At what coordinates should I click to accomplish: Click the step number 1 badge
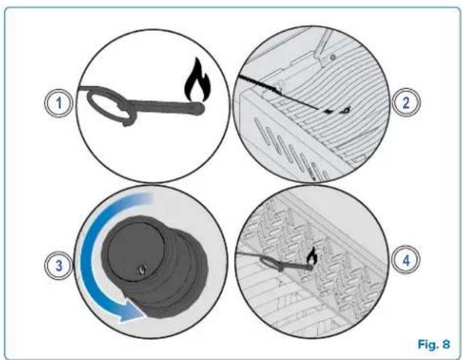58,103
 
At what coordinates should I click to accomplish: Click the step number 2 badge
406,103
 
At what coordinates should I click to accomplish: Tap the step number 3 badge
58,265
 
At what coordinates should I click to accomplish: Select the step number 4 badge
406,261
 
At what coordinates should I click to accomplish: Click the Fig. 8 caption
434,344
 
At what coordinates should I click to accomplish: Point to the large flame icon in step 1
197,80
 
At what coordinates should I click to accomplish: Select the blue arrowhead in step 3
132,312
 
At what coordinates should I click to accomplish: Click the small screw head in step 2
333,57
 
